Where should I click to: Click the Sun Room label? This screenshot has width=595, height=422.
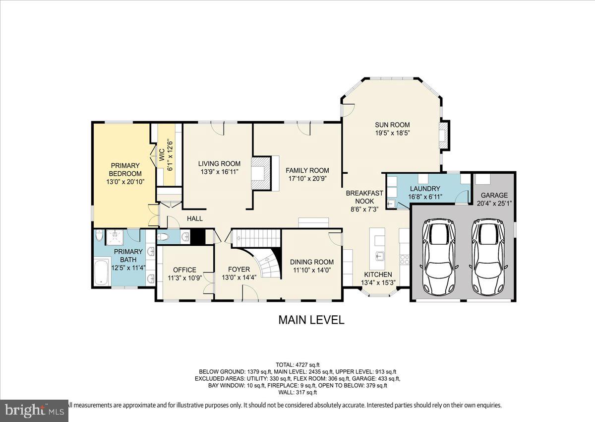(x=392, y=125)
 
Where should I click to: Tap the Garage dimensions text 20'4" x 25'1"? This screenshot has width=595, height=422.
(x=494, y=204)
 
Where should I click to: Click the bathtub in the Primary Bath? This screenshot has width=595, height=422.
(x=102, y=273)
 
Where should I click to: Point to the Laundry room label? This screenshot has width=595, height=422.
(x=425, y=189)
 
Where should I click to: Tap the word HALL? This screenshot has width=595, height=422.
(x=195, y=218)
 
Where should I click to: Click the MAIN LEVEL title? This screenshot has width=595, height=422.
(x=311, y=320)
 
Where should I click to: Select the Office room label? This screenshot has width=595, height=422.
(x=184, y=270)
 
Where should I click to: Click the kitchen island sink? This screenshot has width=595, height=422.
(x=380, y=256)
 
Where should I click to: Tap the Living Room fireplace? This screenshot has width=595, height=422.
(x=261, y=173)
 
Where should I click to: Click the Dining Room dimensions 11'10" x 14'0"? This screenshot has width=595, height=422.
(x=312, y=270)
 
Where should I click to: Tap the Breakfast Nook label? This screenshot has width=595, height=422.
(x=364, y=197)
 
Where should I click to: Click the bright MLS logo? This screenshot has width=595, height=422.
(x=34, y=410)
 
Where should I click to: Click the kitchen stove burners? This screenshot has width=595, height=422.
(x=405, y=260)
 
